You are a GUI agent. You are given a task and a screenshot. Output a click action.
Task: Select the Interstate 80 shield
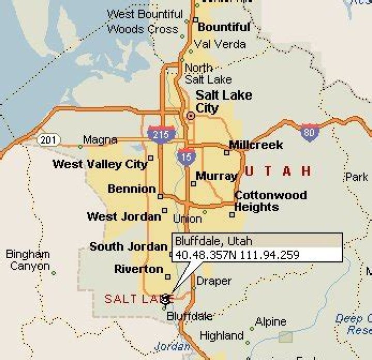tap(309, 132)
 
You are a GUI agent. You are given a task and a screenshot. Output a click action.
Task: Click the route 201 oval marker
tap(49, 139)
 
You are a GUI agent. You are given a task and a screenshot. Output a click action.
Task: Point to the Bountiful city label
tap(224, 27)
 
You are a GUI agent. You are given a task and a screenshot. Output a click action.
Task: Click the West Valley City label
tap(100, 165)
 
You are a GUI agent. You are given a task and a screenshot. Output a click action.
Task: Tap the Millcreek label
tap(256, 145)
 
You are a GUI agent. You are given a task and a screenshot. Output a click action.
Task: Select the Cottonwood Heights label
tap(270, 201)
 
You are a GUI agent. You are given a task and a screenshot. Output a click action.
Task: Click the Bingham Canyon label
tap(28, 260)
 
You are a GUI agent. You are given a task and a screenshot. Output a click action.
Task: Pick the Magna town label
tap(100, 140)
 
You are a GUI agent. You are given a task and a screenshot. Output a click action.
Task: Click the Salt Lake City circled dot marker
tap(191, 116)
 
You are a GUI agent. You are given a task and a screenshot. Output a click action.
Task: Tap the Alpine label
tap(271, 322)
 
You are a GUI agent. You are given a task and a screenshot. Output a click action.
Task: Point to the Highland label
tap(222, 336)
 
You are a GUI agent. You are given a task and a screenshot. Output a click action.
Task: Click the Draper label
tap(214, 281)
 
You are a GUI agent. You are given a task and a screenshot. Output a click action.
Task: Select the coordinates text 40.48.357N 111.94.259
tap(237, 254)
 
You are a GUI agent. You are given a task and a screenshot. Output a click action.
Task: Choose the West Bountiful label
tap(145, 14)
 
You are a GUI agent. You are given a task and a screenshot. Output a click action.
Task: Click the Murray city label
tap(216, 177)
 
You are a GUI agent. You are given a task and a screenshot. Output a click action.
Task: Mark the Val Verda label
tap(220, 44)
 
